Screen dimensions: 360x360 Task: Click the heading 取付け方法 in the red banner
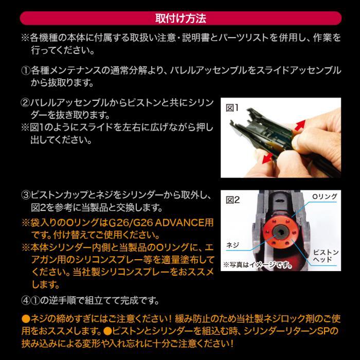click(x=181, y=19)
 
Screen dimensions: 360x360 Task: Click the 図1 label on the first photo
click(x=232, y=107)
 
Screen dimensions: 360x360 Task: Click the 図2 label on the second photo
click(x=232, y=200)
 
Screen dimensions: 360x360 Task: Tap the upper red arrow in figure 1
click(x=300, y=125)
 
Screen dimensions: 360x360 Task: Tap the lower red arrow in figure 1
click(x=268, y=158)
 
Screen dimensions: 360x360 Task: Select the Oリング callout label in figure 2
click(x=325, y=196)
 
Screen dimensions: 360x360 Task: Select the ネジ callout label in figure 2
click(x=232, y=245)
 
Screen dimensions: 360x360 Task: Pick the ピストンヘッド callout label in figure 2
click(x=326, y=256)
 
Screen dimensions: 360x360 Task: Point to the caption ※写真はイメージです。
click(x=258, y=265)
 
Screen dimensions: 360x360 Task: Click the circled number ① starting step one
click(x=26, y=71)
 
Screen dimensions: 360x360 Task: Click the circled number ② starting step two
click(x=26, y=103)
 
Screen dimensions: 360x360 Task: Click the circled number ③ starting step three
click(x=26, y=195)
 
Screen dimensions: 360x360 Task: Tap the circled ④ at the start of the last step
click(x=26, y=300)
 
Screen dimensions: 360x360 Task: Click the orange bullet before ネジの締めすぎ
click(x=26, y=319)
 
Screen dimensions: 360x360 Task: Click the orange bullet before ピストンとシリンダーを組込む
click(x=107, y=331)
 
